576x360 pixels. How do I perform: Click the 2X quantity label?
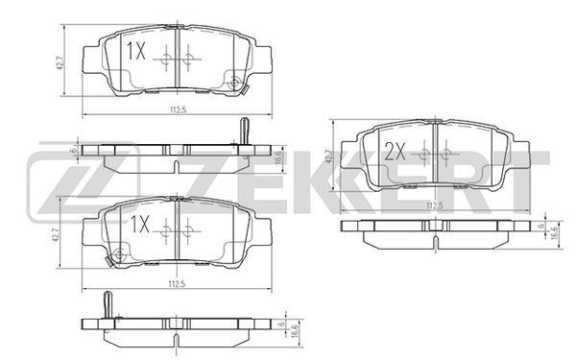tap(395, 152)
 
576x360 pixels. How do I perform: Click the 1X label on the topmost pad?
tap(136, 51)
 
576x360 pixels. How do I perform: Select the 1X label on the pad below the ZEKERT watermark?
tap(140, 224)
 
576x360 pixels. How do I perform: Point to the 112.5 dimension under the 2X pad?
tap(434, 205)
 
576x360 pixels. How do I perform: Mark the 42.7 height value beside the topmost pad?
tap(61, 61)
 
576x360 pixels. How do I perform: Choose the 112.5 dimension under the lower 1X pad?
tap(177, 283)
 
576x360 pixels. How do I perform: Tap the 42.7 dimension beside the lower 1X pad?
tap(57, 234)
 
